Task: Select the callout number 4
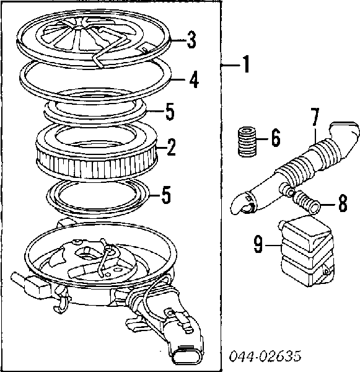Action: click(x=193, y=80)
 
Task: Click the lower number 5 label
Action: click(x=165, y=195)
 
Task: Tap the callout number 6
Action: click(x=274, y=138)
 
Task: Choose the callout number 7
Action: click(x=314, y=116)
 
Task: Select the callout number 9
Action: click(x=258, y=245)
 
